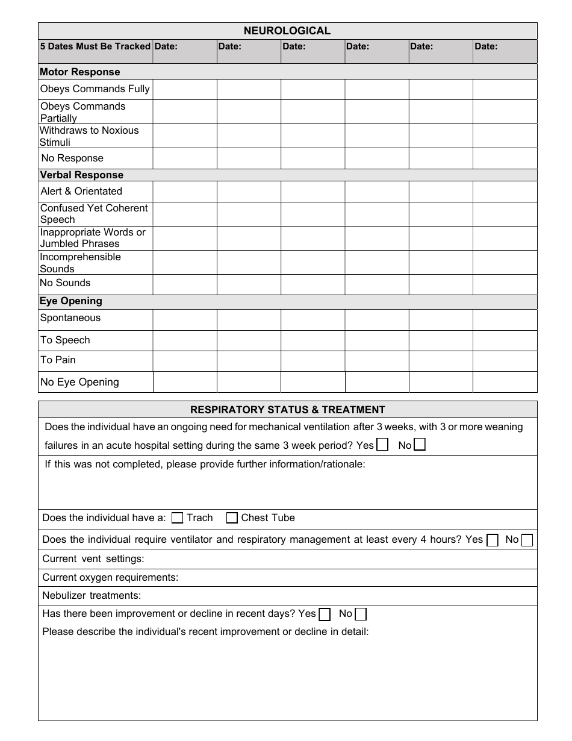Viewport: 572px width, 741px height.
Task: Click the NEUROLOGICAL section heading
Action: [287, 31]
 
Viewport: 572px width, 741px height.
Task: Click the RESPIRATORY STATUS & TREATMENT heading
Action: [287, 410]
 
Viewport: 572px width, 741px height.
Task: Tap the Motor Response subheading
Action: [79, 72]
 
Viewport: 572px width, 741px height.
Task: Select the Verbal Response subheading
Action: [81, 175]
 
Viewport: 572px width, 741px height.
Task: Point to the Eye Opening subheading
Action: [70, 301]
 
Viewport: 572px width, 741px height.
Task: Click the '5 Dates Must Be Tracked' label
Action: [95, 46]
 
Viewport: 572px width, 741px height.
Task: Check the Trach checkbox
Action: [178, 517]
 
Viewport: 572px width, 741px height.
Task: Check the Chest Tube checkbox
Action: [232, 517]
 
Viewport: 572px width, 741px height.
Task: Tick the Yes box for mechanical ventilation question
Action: [382, 445]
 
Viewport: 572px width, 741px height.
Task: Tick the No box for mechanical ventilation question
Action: [420, 445]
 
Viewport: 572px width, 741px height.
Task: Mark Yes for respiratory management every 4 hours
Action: [493, 540]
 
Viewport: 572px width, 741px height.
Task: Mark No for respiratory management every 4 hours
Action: [527, 540]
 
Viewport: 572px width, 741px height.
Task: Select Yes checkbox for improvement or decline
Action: [325, 614]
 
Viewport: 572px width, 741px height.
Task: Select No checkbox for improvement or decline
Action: [361, 614]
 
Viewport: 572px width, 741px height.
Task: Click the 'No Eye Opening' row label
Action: [79, 382]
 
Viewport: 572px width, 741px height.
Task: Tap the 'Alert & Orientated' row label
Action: [81, 191]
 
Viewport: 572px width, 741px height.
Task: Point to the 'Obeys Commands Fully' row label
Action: [95, 89]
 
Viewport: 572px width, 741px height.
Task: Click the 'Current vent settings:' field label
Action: [93, 558]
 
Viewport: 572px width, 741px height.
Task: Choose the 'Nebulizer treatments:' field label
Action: [92, 596]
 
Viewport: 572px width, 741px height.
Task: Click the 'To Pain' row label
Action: [58, 360]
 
